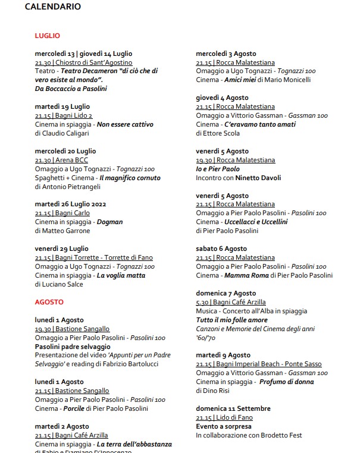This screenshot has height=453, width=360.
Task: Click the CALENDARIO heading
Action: pyautogui.click(x=53, y=7)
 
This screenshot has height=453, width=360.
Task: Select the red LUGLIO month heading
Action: pyautogui.click(x=47, y=36)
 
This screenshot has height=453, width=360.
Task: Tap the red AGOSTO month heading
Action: pyautogui.click(x=49, y=302)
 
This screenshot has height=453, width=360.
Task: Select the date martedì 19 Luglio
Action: pyautogui.click(x=62, y=106)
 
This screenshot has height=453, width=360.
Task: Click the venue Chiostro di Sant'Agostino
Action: pyautogui.click(x=94, y=62)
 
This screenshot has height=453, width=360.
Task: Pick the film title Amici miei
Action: pyautogui.click(x=245, y=80)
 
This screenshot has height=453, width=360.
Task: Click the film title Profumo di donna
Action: pyautogui.click(x=286, y=382)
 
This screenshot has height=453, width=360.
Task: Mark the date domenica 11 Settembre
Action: pyautogui.click(x=233, y=408)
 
